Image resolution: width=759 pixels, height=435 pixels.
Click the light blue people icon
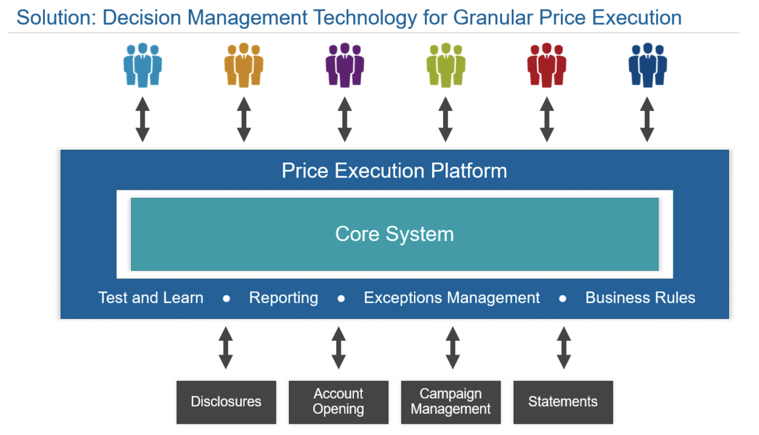[143, 65]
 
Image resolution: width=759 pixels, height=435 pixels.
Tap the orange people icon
[244, 65]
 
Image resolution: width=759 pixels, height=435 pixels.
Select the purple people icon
[344, 65]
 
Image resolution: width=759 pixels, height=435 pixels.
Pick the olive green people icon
[446, 65]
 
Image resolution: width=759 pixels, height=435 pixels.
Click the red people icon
[547, 65]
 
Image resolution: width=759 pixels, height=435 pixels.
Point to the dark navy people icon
[647, 65]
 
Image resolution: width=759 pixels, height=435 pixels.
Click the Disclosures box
[226, 402]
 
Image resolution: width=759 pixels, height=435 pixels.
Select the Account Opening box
[338, 402]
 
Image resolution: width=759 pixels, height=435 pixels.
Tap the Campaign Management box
[450, 402]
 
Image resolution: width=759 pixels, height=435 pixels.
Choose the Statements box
[563, 402]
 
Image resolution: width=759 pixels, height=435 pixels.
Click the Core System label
[394, 234]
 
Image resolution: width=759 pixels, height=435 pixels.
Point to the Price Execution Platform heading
[394, 170]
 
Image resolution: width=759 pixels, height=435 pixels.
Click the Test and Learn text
[151, 298]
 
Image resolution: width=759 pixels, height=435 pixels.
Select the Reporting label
[284, 298]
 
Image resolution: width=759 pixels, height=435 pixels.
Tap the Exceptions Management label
[452, 298]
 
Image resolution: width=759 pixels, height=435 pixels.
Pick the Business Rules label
[640, 298]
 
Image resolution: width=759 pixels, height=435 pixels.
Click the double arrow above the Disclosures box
[225, 348]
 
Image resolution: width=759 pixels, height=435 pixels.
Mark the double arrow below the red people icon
[547, 119]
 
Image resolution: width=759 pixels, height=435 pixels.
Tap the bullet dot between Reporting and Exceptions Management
[341, 298]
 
